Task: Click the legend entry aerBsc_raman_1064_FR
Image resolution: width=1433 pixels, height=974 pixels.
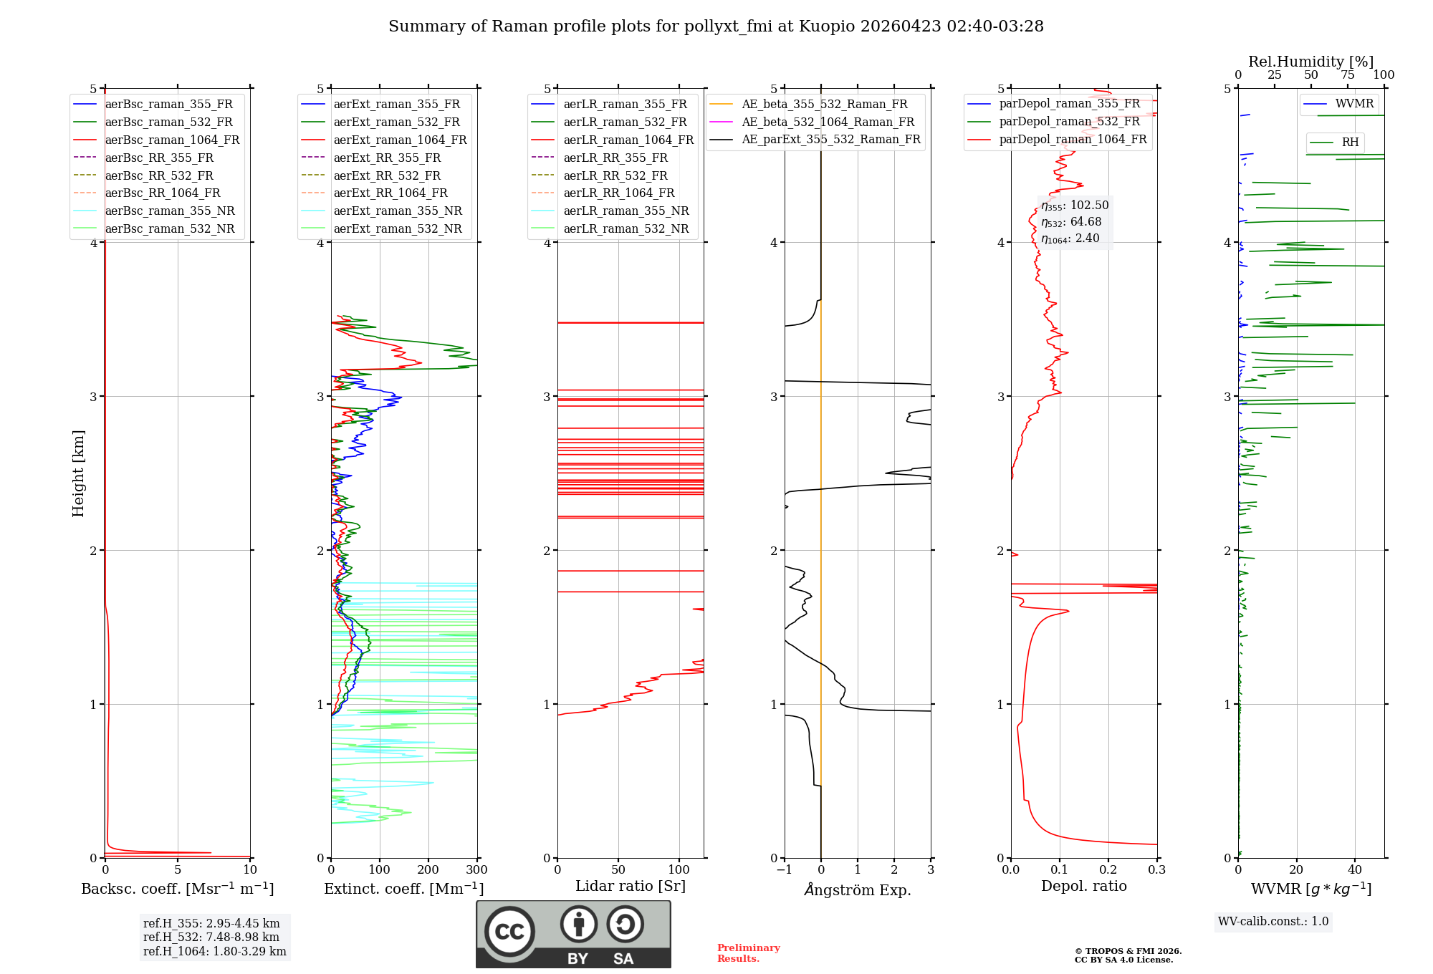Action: (x=172, y=140)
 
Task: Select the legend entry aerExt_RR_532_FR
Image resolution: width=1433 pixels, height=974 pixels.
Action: (x=387, y=175)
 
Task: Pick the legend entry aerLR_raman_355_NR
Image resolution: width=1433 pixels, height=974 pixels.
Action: (x=626, y=211)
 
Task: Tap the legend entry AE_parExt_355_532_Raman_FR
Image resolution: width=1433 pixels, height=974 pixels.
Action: (x=830, y=139)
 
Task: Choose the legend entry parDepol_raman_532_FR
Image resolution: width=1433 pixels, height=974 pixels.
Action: (x=1069, y=122)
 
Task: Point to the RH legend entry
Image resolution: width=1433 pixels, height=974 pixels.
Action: (x=1350, y=143)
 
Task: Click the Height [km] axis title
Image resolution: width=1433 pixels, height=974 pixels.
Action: (x=78, y=473)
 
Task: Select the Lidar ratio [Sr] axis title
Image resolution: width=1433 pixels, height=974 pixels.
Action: (x=631, y=886)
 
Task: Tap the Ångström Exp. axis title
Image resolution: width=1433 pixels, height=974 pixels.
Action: (x=858, y=889)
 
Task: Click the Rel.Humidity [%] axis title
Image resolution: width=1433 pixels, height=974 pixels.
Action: (x=1310, y=62)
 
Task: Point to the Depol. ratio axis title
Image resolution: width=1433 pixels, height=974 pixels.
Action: (x=1083, y=886)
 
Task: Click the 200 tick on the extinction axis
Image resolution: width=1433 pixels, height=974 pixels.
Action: (x=428, y=870)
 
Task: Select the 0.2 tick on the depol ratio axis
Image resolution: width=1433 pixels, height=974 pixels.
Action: (x=1108, y=870)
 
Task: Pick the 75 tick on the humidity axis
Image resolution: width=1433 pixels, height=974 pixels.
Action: (x=1348, y=75)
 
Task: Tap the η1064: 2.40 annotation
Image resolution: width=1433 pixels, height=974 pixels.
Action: (x=1070, y=238)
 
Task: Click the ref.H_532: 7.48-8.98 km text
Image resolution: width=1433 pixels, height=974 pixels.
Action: (x=211, y=937)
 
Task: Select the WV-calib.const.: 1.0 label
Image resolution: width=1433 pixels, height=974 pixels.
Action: (x=1273, y=922)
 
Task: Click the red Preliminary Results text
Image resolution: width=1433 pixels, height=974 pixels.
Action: (x=748, y=953)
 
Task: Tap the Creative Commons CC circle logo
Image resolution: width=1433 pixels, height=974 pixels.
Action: (x=509, y=932)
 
